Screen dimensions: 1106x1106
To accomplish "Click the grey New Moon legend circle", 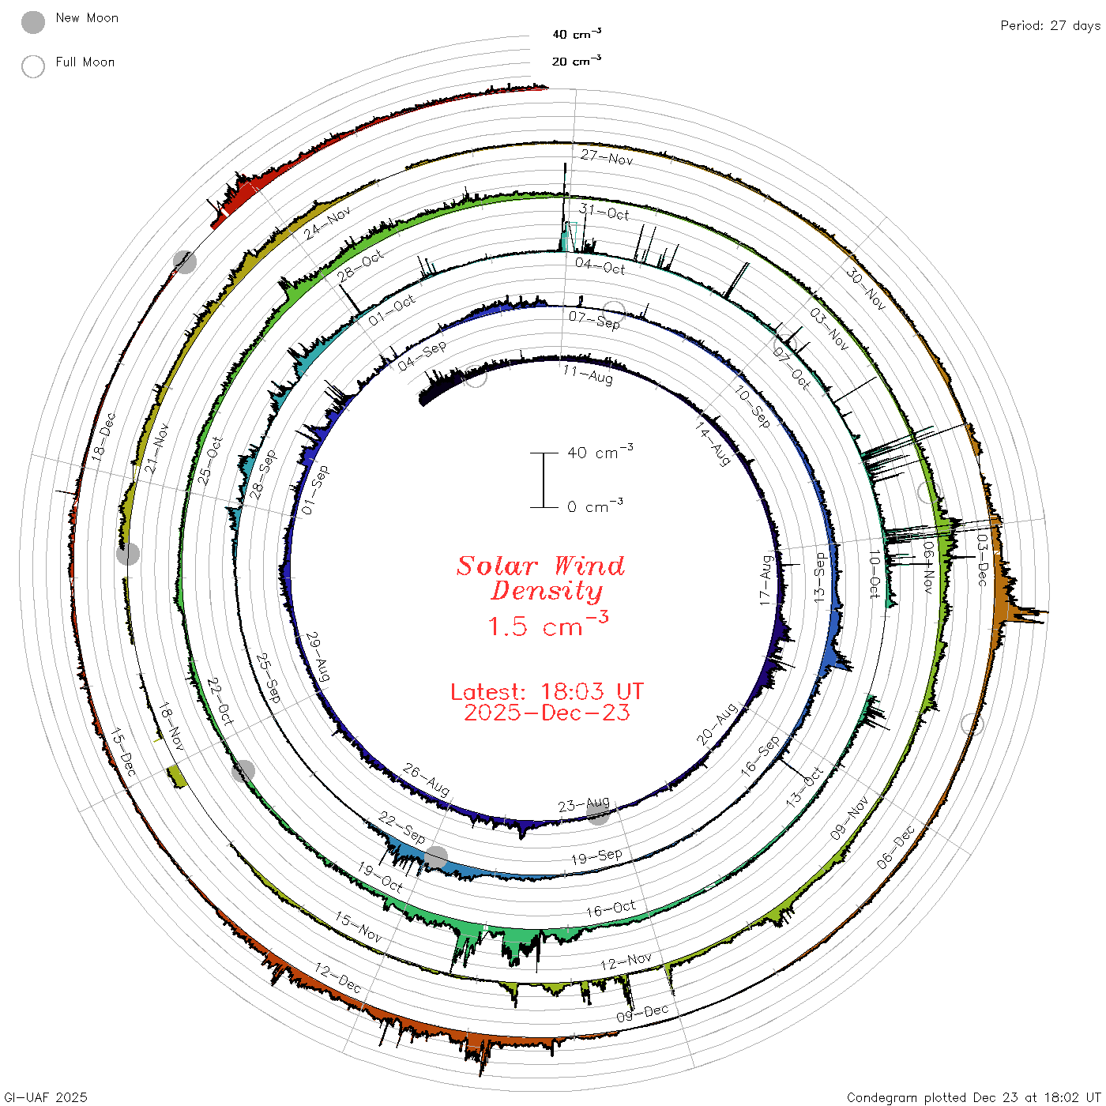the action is click(x=32, y=22).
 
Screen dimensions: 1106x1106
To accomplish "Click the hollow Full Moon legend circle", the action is click(x=32, y=66).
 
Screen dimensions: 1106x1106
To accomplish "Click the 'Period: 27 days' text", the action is click(x=1051, y=26).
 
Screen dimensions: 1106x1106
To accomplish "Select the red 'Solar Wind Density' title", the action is click(x=540, y=578).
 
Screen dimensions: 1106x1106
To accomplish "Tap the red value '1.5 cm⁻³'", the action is click(x=548, y=624).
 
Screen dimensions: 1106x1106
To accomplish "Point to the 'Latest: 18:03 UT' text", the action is click(x=547, y=691).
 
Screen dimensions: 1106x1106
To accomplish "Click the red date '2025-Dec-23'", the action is click(x=547, y=713).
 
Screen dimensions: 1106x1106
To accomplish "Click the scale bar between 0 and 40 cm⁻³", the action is click(x=544, y=480).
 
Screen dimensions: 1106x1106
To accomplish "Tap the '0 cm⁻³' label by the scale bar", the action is click(x=595, y=506).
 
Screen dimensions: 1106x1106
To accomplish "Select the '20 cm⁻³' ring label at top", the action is click(x=576, y=60).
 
